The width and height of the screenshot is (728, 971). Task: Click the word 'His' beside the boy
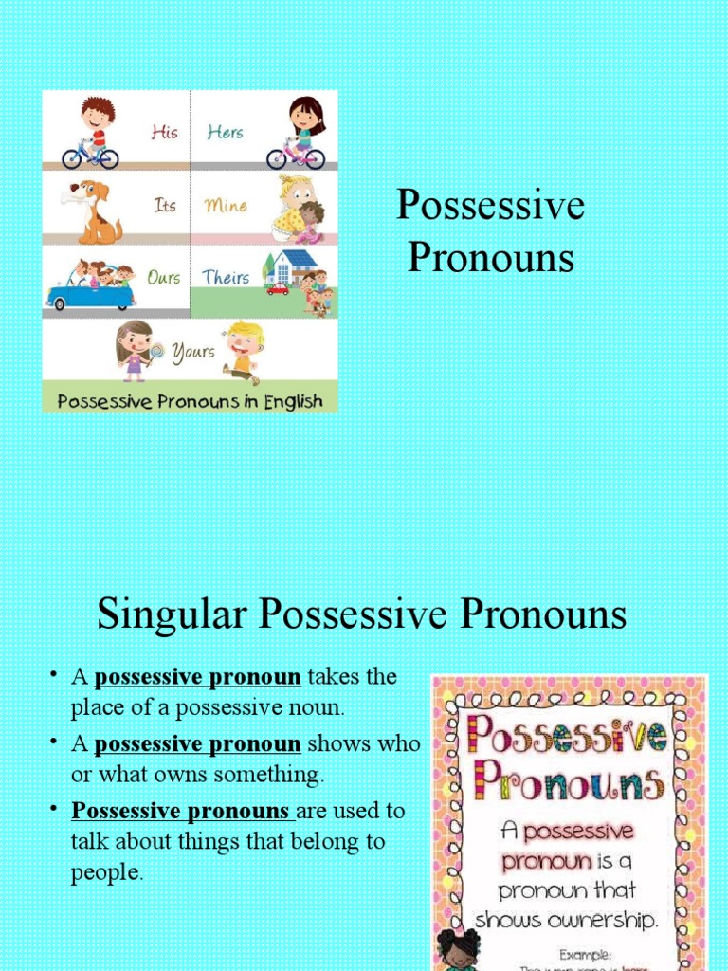[x=164, y=132]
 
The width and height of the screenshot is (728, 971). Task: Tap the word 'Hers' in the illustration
[x=226, y=133]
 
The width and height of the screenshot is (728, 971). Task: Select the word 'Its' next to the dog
[x=165, y=205]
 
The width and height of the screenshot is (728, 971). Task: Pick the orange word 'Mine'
[x=226, y=205]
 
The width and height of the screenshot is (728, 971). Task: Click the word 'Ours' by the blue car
[x=164, y=278]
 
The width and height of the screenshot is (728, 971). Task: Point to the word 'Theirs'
[x=226, y=278]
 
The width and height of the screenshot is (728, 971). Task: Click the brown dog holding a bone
[x=93, y=210]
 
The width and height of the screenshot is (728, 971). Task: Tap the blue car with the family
[x=91, y=287]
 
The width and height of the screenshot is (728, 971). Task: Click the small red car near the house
[x=278, y=288]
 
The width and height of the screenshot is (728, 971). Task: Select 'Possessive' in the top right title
[x=490, y=206]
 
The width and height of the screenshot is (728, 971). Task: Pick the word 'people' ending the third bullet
[x=105, y=873]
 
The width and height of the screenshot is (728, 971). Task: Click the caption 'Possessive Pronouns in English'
[x=190, y=401]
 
